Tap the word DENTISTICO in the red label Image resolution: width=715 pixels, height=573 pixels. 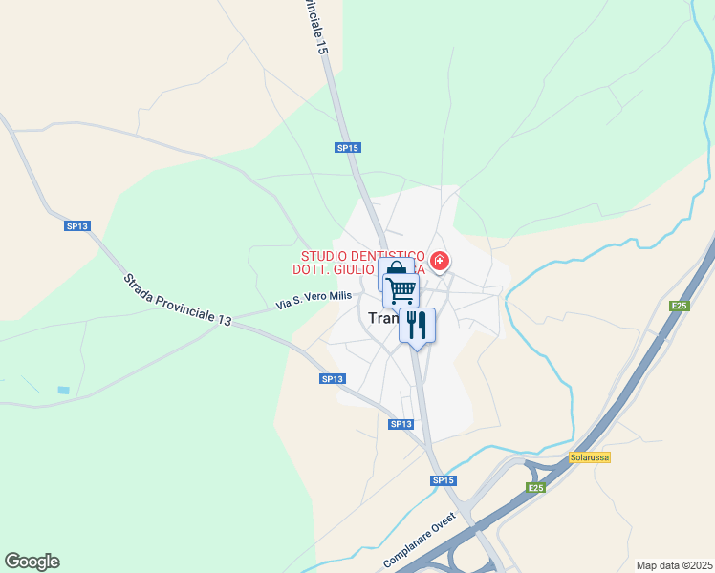pos(388,256)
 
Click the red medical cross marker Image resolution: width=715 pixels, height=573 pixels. pos(440,261)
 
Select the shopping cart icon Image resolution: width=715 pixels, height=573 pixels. pos(401,288)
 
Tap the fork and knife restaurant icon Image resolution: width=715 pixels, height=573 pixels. pos(417,325)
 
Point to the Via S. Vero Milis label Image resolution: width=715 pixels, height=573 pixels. pos(314,300)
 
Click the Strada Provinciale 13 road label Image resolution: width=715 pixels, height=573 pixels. pos(177,301)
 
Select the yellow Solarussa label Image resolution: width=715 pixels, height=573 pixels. pos(589,457)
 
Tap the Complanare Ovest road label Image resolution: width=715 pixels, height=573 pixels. pos(420,545)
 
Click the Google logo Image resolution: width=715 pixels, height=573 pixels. pos(32,562)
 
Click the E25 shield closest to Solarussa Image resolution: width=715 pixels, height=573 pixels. pos(536,488)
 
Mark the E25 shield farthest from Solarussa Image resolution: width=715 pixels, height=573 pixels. pos(679,306)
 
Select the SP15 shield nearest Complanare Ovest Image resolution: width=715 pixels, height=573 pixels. pos(442,480)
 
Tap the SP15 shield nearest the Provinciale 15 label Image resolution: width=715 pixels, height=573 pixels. pos(347,148)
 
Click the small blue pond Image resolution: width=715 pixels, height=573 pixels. pos(63,390)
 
